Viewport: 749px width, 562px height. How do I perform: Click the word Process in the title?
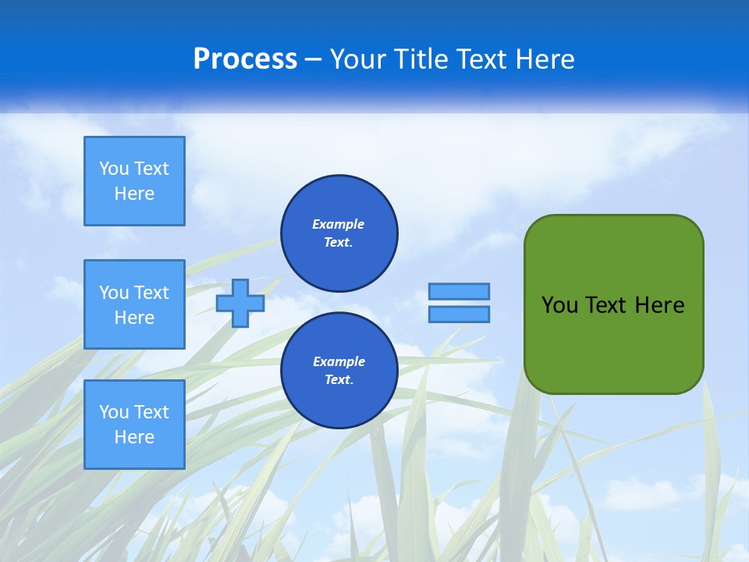[245, 59]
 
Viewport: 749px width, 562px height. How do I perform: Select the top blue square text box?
[134, 181]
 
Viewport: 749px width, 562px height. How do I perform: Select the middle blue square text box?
[134, 304]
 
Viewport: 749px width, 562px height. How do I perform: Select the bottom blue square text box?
[134, 424]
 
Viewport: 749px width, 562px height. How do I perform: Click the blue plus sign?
[240, 303]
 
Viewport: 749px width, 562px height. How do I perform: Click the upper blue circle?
[339, 233]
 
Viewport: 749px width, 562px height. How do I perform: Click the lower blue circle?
[339, 371]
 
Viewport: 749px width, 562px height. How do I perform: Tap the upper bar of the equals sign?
[459, 291]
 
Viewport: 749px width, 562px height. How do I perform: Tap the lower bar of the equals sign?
[459, 314]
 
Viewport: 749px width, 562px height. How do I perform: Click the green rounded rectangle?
[613, 343]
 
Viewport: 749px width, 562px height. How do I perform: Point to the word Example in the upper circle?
[339, 224]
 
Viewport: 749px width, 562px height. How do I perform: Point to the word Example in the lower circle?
[339, 361]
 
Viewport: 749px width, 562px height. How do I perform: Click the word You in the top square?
[114, 169]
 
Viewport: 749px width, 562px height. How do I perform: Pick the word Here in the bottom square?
[134, 437]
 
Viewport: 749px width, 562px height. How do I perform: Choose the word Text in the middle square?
[151, 293]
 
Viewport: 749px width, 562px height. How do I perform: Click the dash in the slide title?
[314, 59]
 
